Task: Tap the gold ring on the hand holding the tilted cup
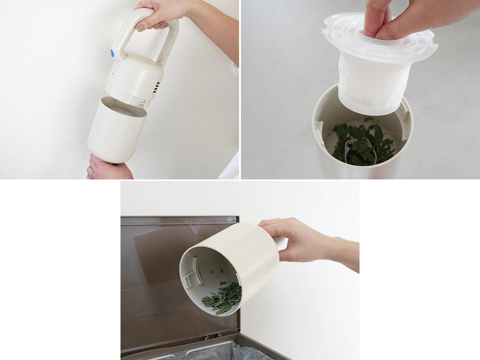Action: click(276, 229)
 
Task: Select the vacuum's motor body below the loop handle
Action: click(134, 79)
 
